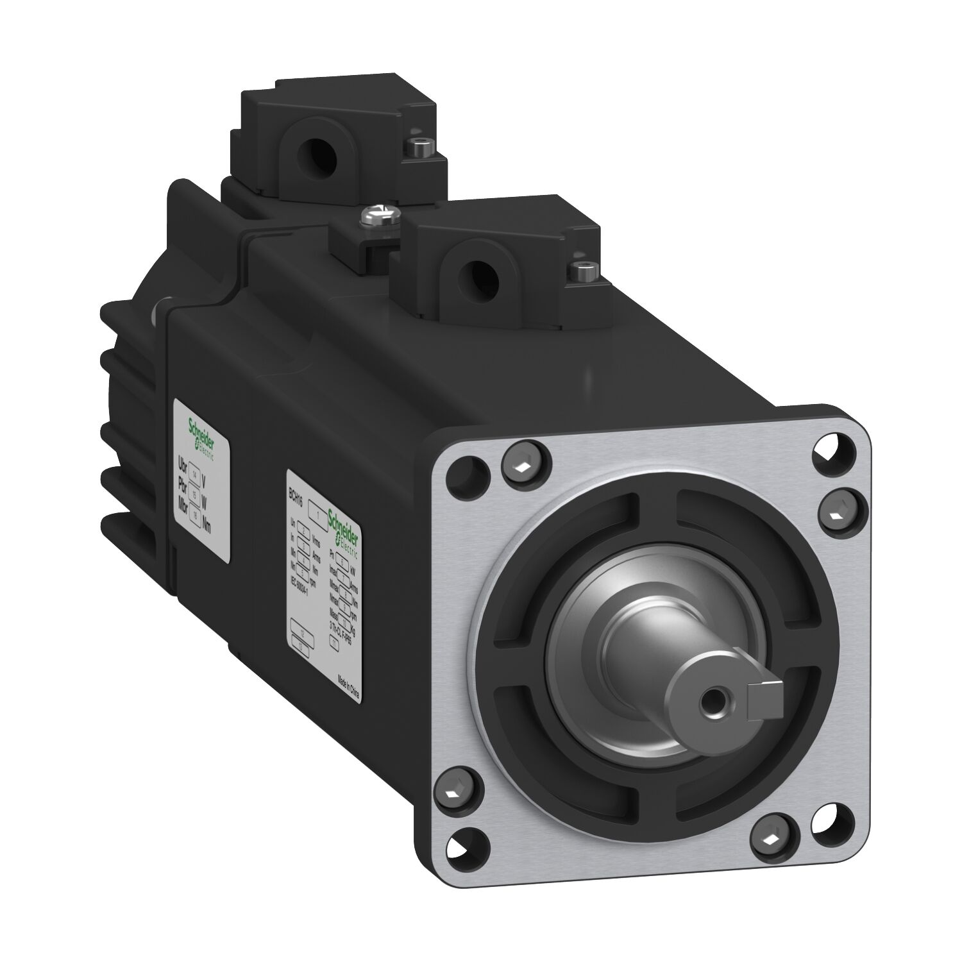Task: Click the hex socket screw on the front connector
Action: point(582,271)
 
